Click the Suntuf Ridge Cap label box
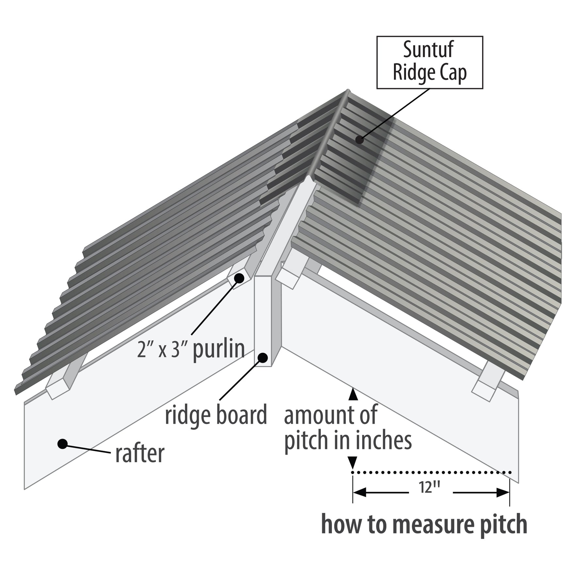430,62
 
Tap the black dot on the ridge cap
360,140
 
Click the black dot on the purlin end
239,278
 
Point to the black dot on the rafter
62,444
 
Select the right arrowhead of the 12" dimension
503,493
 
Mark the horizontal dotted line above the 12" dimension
431,472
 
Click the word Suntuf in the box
428,50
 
